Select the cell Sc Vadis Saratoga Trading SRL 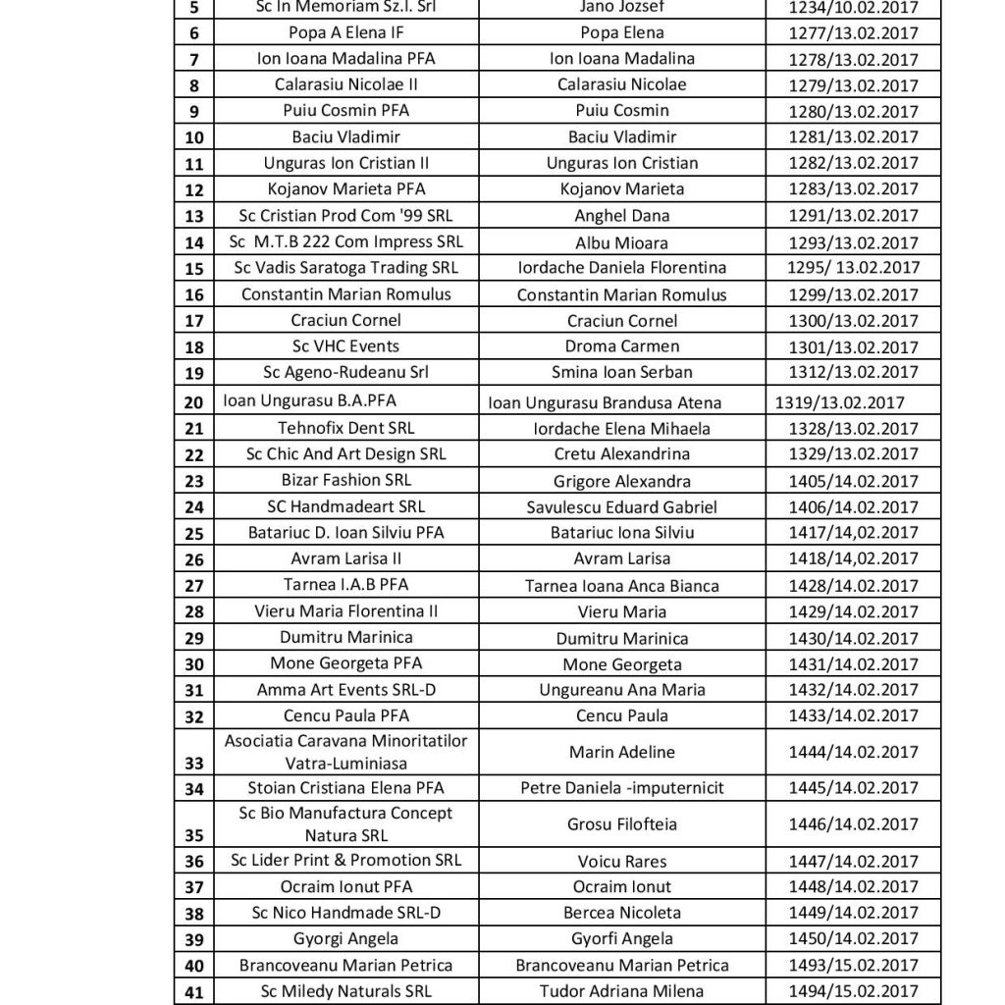tap(346, 268)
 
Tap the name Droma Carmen tap(621, 346)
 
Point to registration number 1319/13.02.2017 tap(839, 401)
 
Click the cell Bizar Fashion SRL tap(346, 480)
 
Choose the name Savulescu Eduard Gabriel tap(621, 507)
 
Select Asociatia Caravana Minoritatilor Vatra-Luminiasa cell tap(346, 751)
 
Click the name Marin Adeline tap(621, 752)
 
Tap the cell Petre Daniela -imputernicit tap(621, 788)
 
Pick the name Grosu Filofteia tap(621, 824)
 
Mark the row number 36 tap(194, 862)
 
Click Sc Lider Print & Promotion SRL tap(346, 861)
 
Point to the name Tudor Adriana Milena tap(621, 992)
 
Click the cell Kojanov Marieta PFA tap(346, 188)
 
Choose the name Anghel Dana tap(621, 216)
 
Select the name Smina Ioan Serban tap(621, 372)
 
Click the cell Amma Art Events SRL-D tap(346, 690)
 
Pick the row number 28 tap(194, 612)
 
